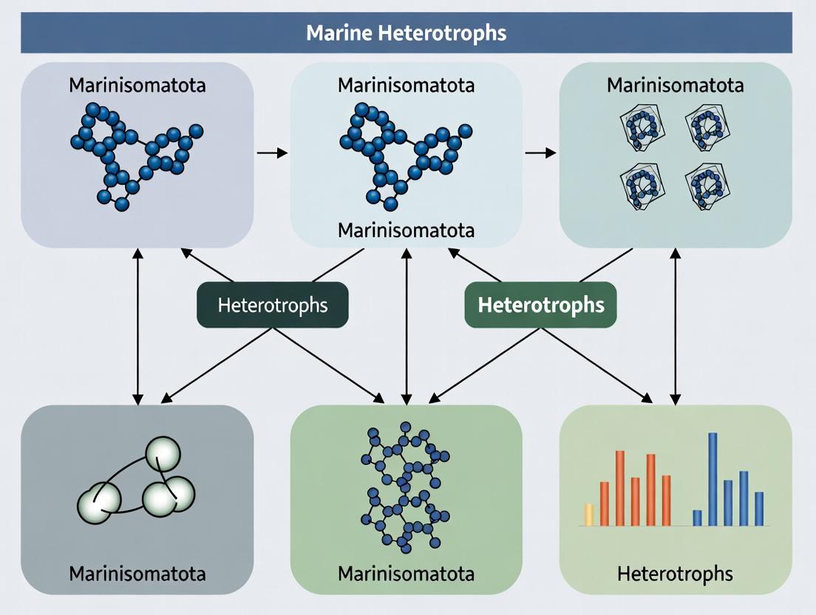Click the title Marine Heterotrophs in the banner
click(x=406, y=33)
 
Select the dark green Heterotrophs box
click(x=272, y=305)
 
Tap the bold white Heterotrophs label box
click(x=540, y=305)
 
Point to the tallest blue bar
click(x=713, y=479)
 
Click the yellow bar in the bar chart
click(x=589, y=514)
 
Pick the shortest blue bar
click(x=696, y=517)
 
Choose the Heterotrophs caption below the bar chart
click(x=676, y=573)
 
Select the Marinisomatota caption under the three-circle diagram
click(x=137, y=573)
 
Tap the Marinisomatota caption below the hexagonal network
click(x=406, y=573)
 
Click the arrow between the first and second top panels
click(x=271, y=152)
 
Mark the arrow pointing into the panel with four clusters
click(x=540, y=152)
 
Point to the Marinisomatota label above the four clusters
click(x=676, y=84)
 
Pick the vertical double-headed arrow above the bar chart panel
click(x=675, y=325)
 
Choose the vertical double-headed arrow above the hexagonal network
click(x=406, y=325)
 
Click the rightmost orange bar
click(x=666, y=500)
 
